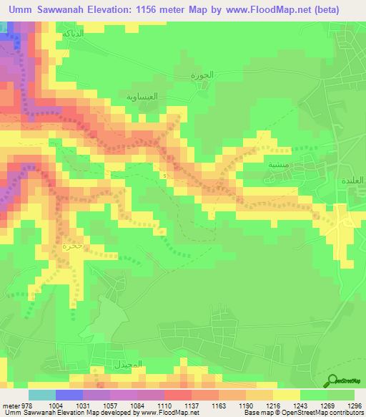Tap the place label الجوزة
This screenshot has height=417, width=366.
(194, 75)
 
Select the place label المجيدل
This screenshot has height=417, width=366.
(129, 365)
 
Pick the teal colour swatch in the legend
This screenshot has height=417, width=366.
(41, 395)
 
